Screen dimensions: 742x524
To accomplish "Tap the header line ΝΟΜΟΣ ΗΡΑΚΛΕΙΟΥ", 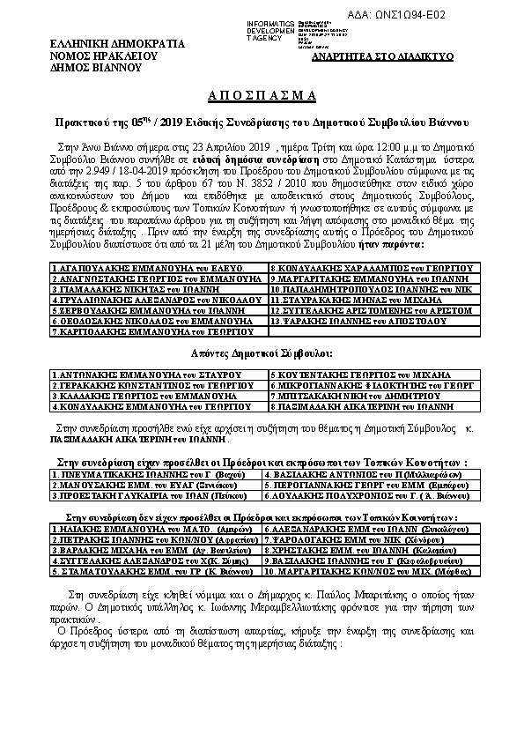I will (x=103, y=54).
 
